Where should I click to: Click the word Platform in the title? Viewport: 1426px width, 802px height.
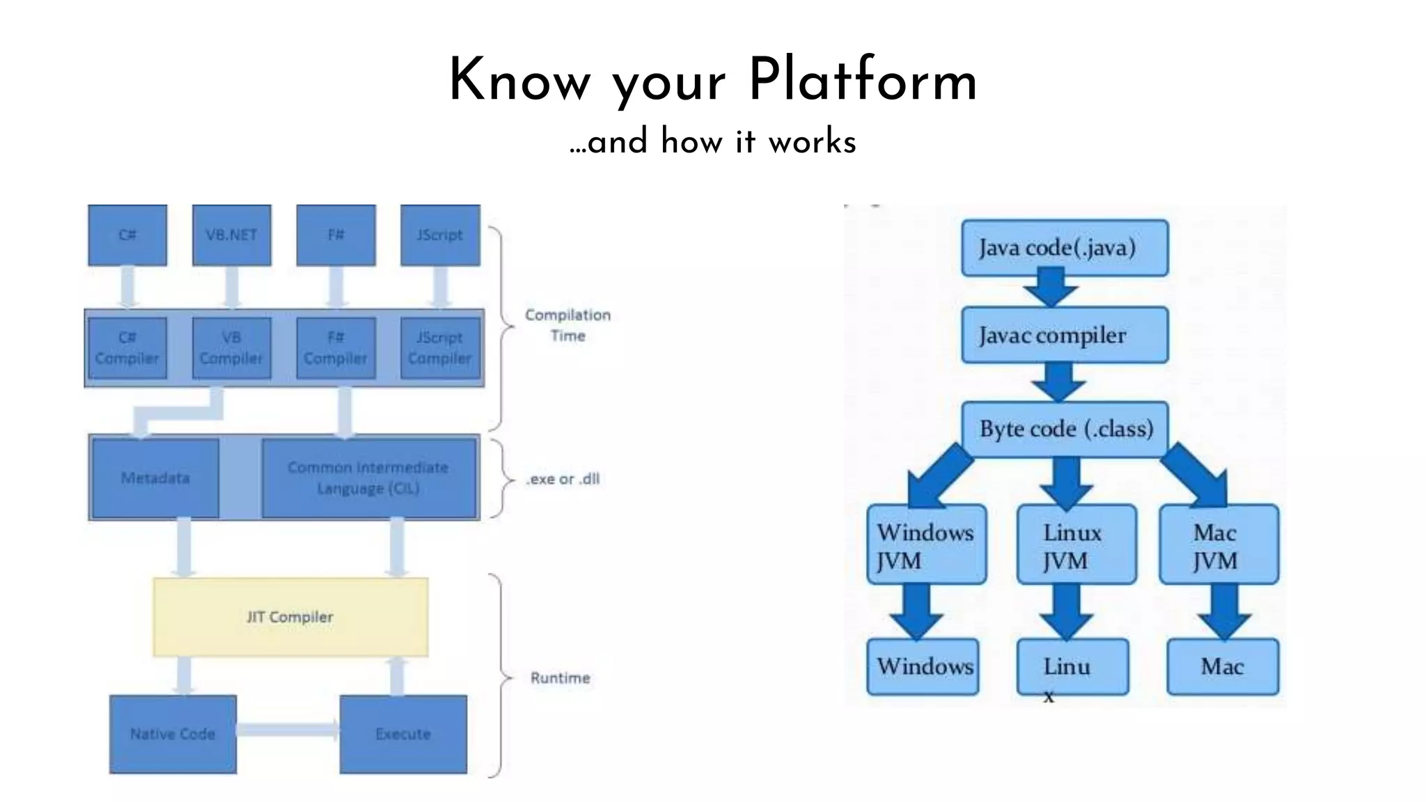pos(863,81)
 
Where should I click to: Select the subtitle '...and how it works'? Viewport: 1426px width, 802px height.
pos(712,142)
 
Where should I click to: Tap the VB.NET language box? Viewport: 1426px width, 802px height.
pos(231,235)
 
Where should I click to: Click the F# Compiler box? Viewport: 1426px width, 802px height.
pos(336,348)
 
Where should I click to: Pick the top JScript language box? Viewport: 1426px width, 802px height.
pos(440,235)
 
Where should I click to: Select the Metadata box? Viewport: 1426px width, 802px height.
pos(155,478)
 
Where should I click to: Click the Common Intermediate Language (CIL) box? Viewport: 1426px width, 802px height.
pos(369,478)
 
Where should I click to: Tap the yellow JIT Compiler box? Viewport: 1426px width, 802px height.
pos(290,617)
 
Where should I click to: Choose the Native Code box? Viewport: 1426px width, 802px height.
pos(173,734)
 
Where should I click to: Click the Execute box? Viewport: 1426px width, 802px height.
pos(403,734)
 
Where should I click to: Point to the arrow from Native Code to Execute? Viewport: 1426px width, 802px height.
pos(287,730)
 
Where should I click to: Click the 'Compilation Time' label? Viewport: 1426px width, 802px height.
pos(567,325)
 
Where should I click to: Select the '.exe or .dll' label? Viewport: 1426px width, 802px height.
pos(563,479)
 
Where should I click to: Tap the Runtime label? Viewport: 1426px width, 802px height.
pos(560,678)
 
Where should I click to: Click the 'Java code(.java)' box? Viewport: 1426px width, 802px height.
pos(1064,248)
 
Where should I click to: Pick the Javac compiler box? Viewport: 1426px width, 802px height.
pos(1064,335)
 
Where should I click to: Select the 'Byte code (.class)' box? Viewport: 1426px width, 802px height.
pos(1065,429)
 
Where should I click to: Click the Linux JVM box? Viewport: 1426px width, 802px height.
pos(1076,545)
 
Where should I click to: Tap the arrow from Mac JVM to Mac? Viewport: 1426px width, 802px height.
pos(1225,611)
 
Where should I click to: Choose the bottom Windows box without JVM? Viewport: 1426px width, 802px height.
pos(923,666)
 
